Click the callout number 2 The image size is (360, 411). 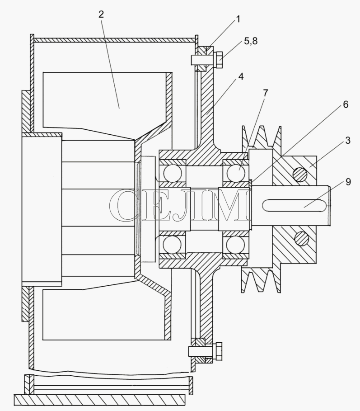[101, 14]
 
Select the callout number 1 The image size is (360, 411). [238, 19]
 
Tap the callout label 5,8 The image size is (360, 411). [251, 41]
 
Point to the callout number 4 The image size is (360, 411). [241, 76]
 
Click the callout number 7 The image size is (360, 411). [265, 93]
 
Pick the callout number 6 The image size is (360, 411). [346, 104]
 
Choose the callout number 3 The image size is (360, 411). [347, 141]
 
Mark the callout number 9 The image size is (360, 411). [348, 182]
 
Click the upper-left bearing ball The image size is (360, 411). [172, 173]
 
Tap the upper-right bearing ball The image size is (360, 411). [236, 173]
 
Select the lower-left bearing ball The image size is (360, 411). [172, 245]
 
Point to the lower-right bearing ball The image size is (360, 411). [235, 245]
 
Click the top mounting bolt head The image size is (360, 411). [218, 60]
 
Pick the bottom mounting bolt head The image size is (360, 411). [218, 351]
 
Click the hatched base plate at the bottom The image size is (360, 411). [100, 399]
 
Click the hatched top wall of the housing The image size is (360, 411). [114, 40]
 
